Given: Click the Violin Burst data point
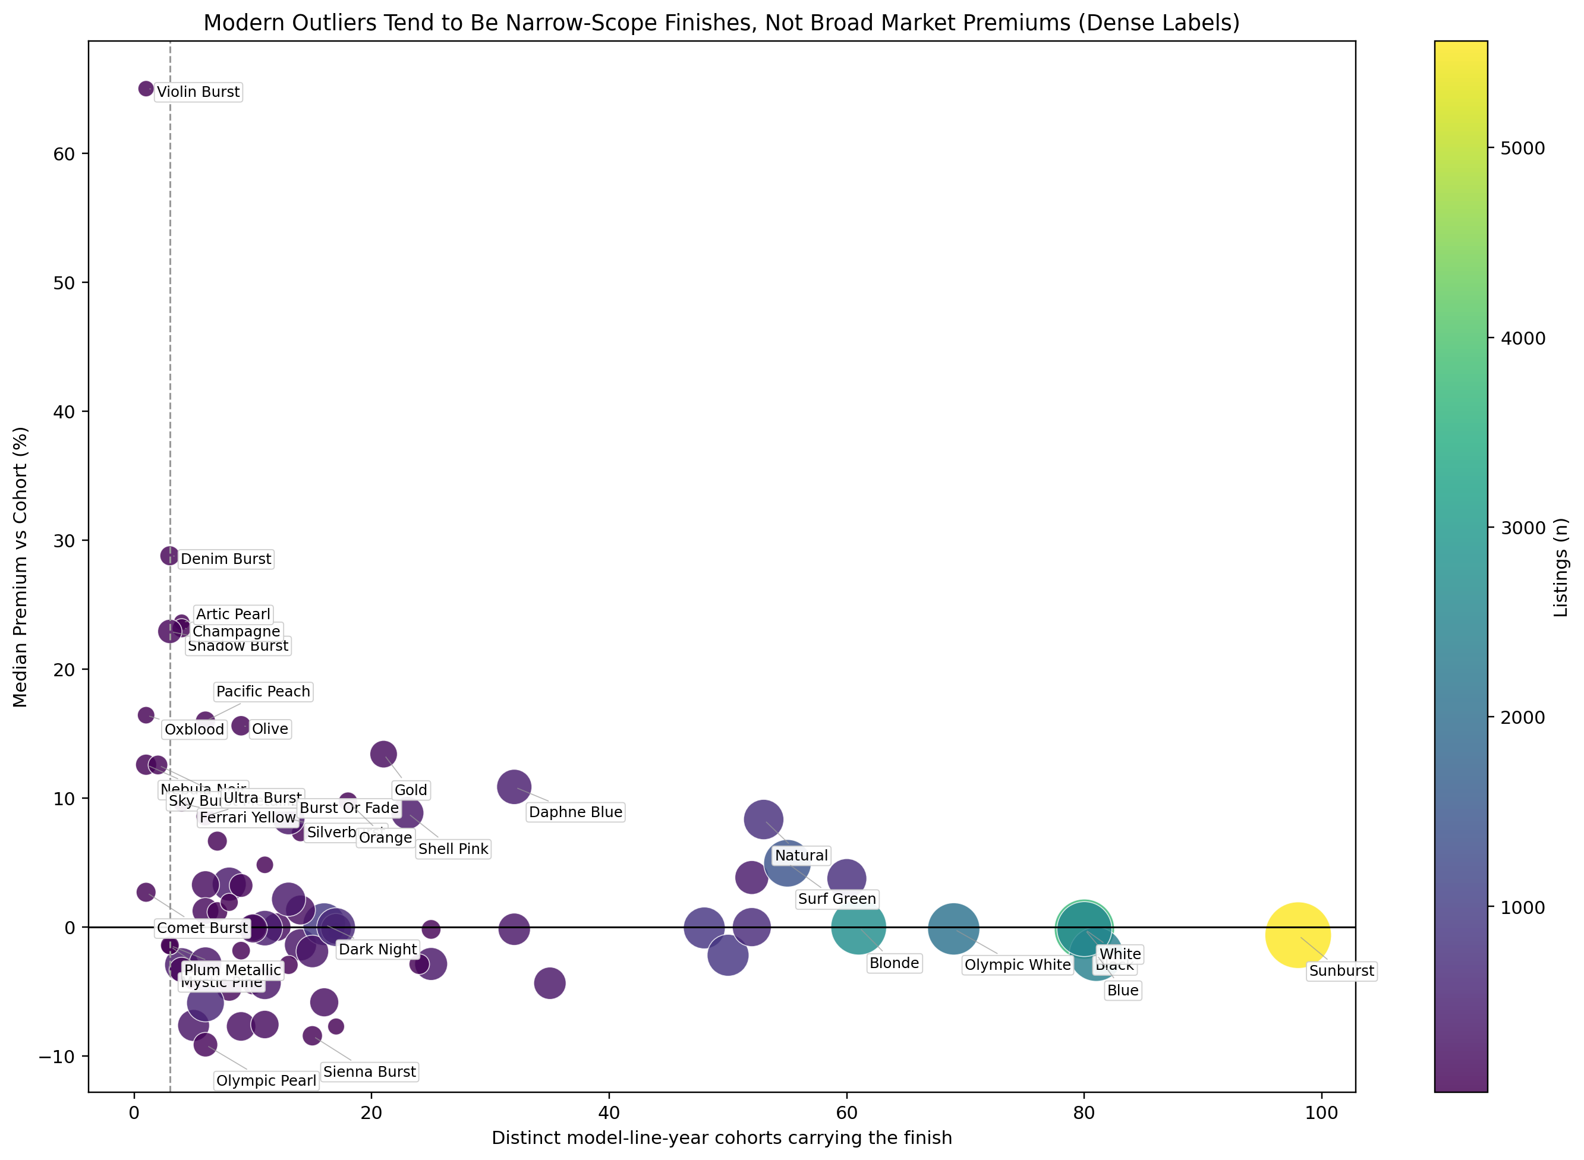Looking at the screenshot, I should click(x=146, y=89).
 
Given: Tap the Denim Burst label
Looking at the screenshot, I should click(x=225, y=559).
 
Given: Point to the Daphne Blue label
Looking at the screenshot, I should click(x=575, y=812).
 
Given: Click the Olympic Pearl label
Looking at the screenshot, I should click(x=266, y=1080).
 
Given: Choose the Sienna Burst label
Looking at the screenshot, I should click(x=369, y=1071).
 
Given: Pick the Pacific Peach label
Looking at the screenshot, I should click(x=263, y=692).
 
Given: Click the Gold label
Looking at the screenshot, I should click(x=411, y=790).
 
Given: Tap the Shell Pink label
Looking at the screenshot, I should click(x=453, y=849).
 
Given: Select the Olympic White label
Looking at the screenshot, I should click(x=1018, y=965).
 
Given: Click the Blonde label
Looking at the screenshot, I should click(x=894, y=963).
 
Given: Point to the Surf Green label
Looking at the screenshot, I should click(x=837, y=899).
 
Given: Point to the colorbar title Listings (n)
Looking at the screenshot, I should click(x=1561, y=568).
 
